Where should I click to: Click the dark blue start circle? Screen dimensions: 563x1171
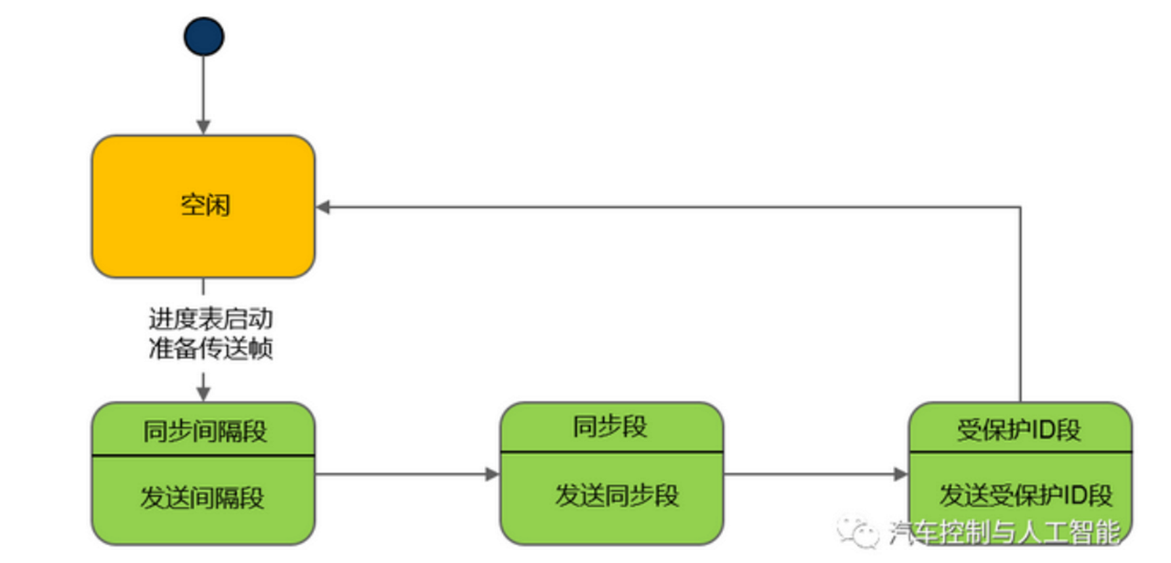point(203,37)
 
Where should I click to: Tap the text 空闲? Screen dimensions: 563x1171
point(205,205)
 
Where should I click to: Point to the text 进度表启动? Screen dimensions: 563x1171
point(210,319)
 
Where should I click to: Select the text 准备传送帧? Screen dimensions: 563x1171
point(210,349)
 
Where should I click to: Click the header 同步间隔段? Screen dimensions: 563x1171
point(205,430)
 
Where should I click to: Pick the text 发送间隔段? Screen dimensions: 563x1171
point(202,498)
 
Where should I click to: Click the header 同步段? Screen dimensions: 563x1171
point(610,427)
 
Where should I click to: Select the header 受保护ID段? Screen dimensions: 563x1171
point(1019,430)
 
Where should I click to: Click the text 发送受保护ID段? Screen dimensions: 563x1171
point(1026,496)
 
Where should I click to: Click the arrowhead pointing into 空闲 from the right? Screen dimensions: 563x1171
point(324,208)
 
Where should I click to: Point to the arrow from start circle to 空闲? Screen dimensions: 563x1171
point(203,96)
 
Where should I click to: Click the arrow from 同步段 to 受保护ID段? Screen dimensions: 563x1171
point(814,474)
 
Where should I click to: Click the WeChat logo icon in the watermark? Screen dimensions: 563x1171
point(857,528)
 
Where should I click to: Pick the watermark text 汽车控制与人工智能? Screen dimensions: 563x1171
point(1003,531)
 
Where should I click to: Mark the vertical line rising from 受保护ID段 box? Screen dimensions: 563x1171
point(1020,302)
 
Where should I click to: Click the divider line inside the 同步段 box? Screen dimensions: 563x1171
point(611,451)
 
